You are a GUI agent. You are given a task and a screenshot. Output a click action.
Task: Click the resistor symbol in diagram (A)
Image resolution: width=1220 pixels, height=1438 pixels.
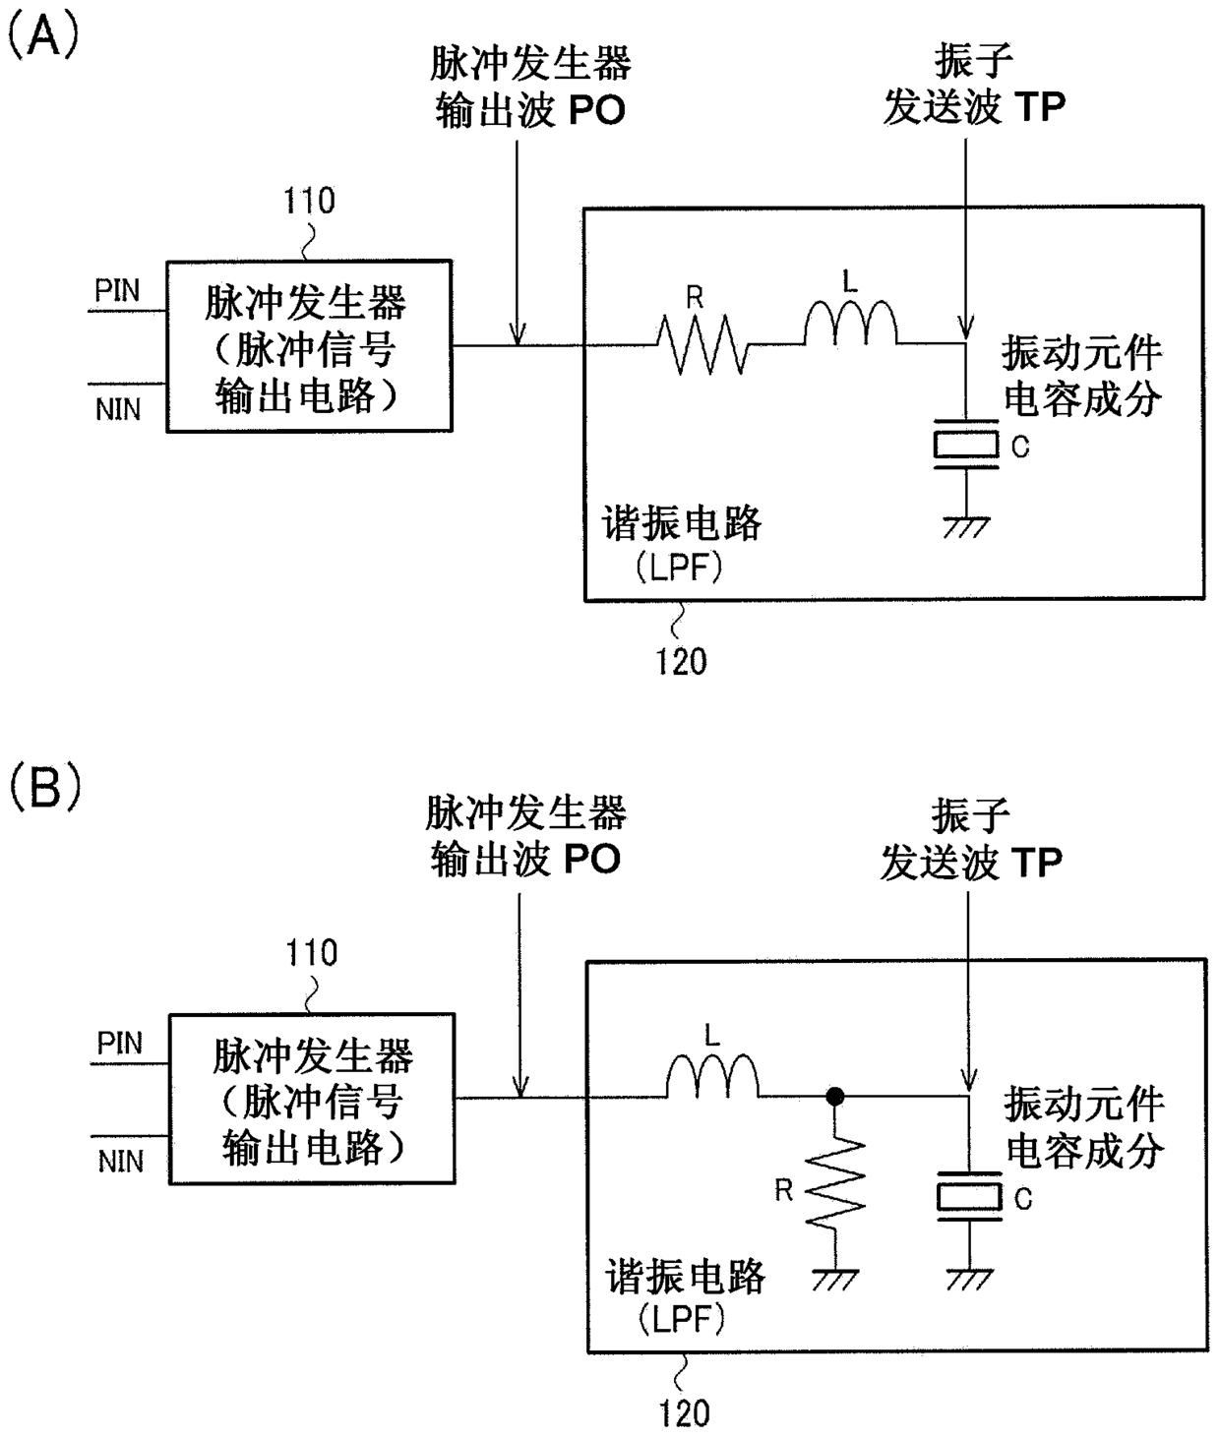click(x=702, y=345)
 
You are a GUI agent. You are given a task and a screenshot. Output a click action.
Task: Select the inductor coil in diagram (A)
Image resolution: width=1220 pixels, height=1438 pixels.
click(x=850, y=323)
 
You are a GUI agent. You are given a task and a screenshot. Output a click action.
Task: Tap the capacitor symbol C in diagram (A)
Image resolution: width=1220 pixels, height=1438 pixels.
click(x=966, y=444)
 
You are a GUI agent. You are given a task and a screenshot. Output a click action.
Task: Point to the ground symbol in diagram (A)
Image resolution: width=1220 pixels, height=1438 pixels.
click(x=966, y=527)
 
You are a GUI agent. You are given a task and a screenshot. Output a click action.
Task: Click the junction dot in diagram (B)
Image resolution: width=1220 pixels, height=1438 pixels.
click(x=835, y=1097)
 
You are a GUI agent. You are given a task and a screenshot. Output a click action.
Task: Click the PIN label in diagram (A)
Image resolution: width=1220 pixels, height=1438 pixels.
click(x=117, y=291)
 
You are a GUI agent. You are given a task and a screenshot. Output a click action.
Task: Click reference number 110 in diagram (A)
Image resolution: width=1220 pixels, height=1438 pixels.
click(x=309, y=201)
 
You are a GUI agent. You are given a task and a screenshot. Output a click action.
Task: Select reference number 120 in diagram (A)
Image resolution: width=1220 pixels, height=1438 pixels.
click(x=682, y=662)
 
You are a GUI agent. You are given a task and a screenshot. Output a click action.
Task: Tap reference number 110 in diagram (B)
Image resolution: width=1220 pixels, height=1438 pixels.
click(x=312, y=953)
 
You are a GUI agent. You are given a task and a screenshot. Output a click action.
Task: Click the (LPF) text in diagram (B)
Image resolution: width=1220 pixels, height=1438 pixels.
click(x=682, y=1319)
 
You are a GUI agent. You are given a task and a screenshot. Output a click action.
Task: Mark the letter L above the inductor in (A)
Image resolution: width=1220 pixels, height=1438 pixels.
click(x=850, y=281)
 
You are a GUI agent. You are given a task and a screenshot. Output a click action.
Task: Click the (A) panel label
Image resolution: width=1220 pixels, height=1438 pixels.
click(x=43, y=36)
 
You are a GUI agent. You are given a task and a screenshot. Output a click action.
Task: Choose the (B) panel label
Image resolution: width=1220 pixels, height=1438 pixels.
click(x=45, y=787)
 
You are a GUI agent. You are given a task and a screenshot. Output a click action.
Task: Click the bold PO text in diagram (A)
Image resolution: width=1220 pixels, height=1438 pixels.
click(x=597, y=110)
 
